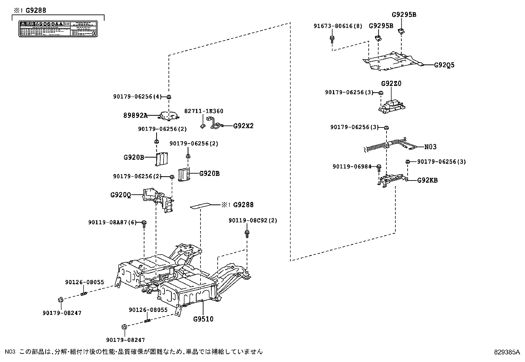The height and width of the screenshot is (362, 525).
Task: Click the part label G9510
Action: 203,319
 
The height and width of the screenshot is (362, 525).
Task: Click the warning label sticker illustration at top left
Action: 58,29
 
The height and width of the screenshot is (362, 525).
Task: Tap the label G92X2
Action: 243,126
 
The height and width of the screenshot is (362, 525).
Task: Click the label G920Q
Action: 120,195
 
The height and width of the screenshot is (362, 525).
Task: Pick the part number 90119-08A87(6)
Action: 112,223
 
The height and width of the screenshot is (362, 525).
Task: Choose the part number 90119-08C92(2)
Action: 253,220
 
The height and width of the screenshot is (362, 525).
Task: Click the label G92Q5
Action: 444,65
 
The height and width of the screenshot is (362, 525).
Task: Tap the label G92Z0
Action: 391,84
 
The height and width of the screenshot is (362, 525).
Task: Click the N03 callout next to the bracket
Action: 430,147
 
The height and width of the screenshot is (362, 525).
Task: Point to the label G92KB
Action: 427,180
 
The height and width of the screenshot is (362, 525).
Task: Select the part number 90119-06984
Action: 352,167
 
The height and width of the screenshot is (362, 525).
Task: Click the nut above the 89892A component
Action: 169,97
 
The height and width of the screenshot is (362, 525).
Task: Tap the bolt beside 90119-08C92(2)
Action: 247,233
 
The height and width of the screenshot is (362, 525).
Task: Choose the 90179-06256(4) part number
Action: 138,97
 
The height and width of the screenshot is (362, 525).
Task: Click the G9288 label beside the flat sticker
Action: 243,205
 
